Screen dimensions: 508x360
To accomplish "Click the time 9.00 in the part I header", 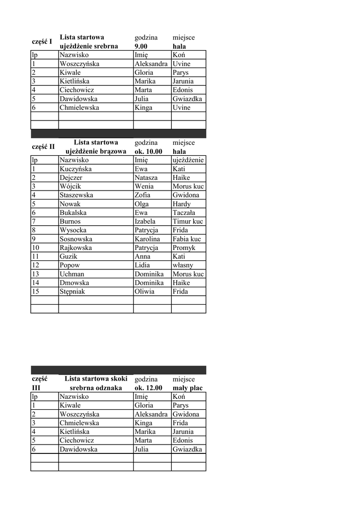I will [141, 46].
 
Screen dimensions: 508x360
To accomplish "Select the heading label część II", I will [43, 147].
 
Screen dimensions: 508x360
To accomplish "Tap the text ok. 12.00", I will [148, 388].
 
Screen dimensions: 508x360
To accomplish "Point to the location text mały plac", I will [187, 388].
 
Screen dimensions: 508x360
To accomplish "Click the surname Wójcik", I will [71, 187].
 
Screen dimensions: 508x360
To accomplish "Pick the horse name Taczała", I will [184, 213].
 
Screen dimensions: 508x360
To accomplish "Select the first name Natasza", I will [146, 178].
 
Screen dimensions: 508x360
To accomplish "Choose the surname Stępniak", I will [72, 292].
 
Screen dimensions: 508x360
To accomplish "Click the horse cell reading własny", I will [183, 265].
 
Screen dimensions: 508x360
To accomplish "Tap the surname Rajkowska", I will [75, 248].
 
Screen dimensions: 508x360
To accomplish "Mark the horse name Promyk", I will [184, 248].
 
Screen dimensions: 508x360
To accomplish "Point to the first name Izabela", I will [145, 222].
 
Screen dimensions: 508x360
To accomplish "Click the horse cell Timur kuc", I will [188, 222].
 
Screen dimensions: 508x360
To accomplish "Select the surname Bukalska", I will [73, 213].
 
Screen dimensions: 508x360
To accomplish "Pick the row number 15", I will [36, 292].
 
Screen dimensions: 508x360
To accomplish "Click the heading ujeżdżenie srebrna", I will [88, 46].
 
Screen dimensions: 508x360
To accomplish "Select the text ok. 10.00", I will [148, 151].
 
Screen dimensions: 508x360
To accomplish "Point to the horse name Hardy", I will [182, 204].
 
